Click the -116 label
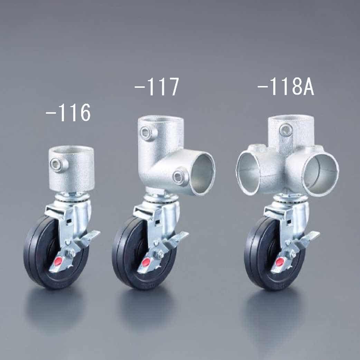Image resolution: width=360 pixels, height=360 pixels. (68, 113)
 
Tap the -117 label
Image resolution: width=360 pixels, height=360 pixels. (157, 87)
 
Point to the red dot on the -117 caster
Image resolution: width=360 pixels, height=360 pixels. (146, 262)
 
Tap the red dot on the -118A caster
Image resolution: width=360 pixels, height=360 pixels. (280, 262)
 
